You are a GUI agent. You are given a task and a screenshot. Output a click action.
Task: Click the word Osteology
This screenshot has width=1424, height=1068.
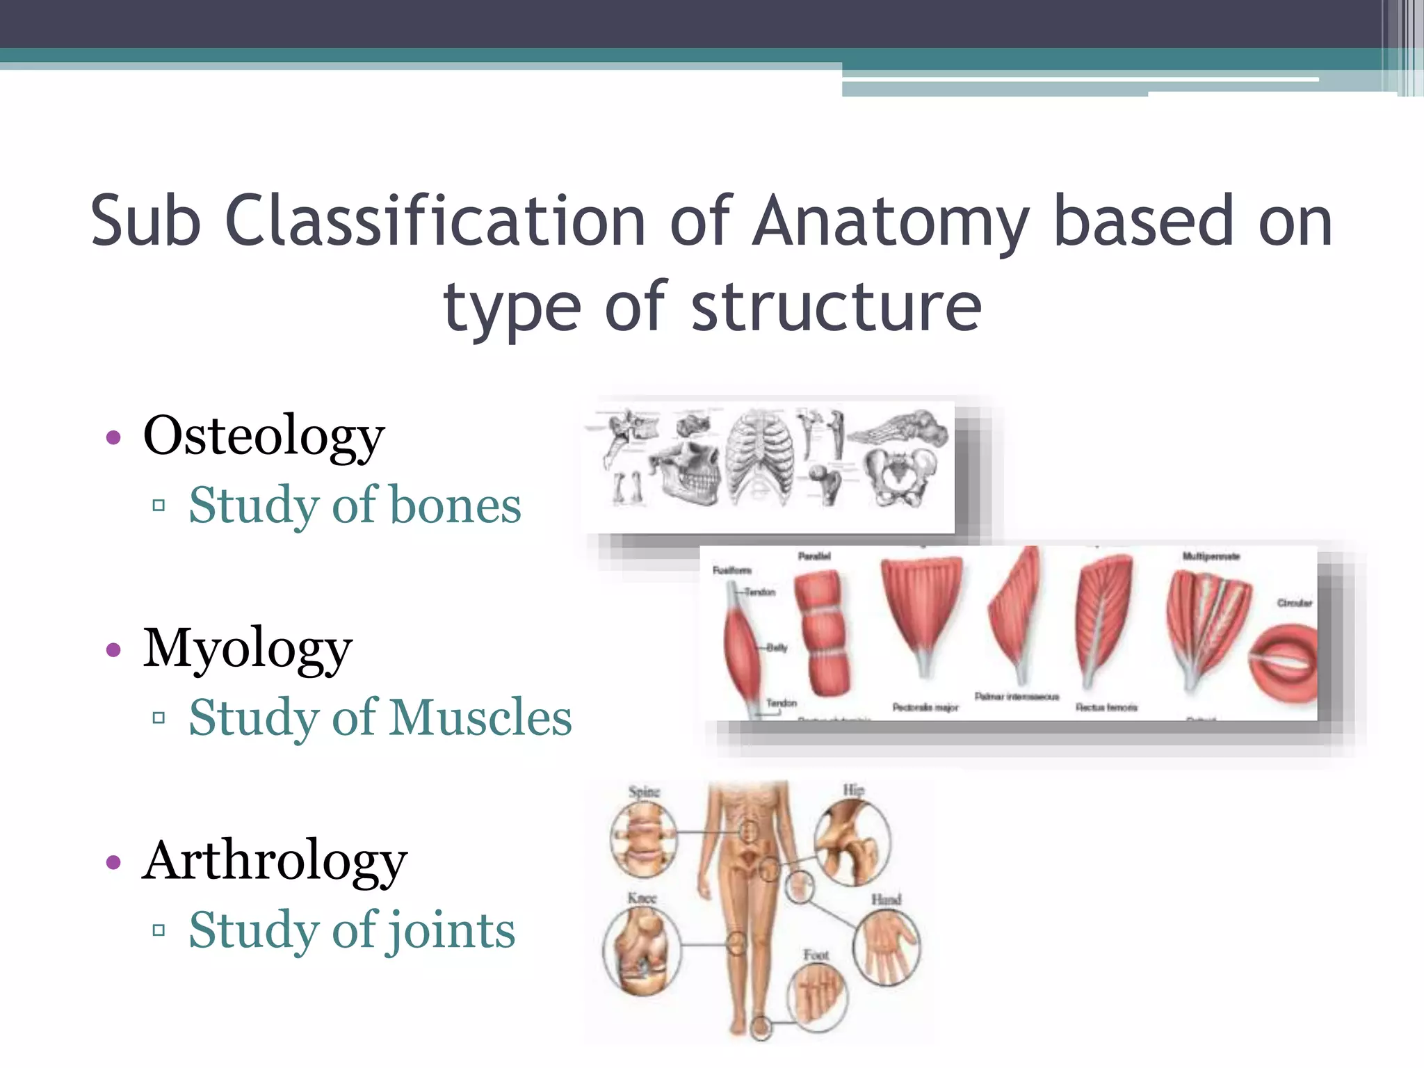tap(264, 437)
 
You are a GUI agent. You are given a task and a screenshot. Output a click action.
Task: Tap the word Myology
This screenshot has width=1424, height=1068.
tap(248, 649)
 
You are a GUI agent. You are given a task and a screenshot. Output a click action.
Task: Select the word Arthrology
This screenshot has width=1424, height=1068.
tap(275, 861)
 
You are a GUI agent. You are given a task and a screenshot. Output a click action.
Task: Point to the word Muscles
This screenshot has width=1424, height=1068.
tap(480, 718)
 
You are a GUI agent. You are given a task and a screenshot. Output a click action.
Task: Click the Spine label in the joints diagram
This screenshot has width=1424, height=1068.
tap(644, 792)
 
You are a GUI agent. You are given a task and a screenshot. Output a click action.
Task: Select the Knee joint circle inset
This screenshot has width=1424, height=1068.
tap(641, 952)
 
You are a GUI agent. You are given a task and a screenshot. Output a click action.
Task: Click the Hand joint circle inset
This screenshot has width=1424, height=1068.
tap(887, 946)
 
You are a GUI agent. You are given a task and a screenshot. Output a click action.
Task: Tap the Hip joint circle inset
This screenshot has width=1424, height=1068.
tap(852, 841)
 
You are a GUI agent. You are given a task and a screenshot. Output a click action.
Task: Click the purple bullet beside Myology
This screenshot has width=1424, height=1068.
tap(113, 650)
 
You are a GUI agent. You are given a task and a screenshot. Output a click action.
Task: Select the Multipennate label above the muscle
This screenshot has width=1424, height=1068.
tap(1211, 556)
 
